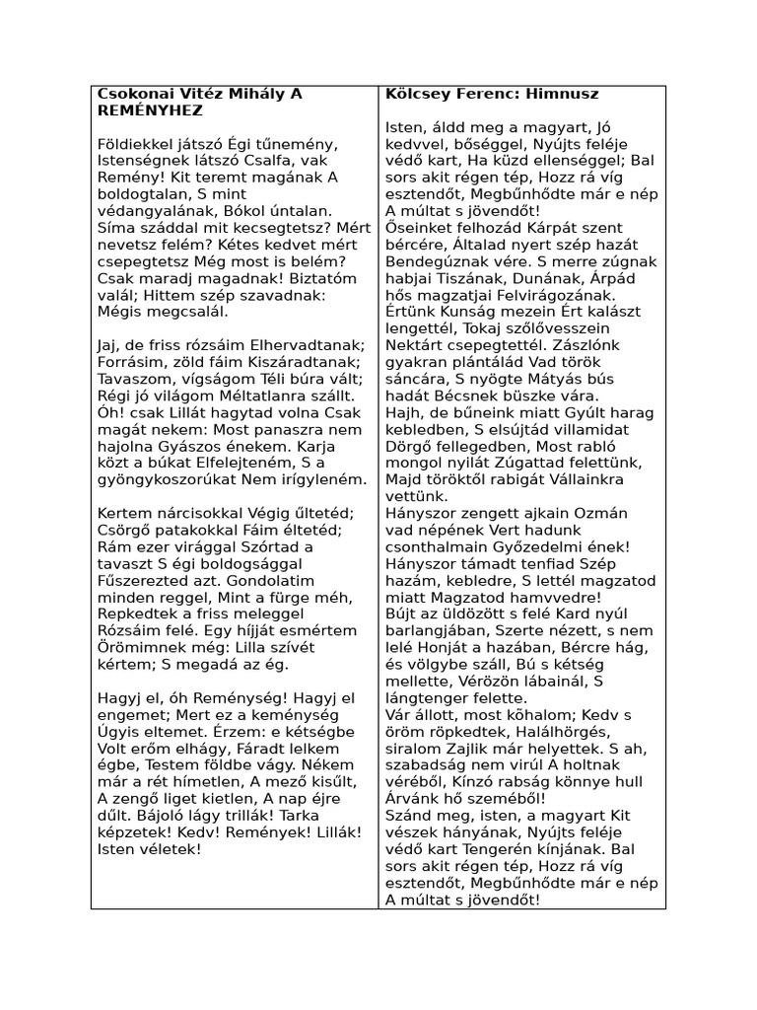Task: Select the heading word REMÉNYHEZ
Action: tap(150, 111)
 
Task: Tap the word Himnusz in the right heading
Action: tap(564, 94)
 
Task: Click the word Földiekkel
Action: tap(135, 146)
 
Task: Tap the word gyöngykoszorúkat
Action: tap(169, 479)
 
